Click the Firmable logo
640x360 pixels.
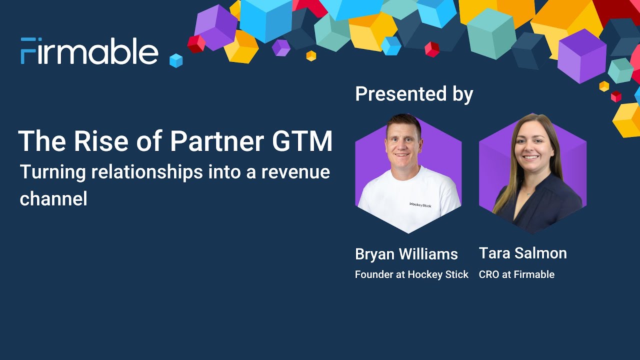pyautogui.click(x=89, y=51)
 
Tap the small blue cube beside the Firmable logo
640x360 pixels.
pyautogui.click(x=176, y=60)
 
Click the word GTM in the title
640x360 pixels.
pyautogui.click(x=302, y=141)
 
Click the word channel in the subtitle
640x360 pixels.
pyautogui.click(x=53, y=199)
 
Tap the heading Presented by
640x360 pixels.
pyautogui.click(x=414, y=94)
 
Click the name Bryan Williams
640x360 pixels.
pyautogui.click(x=406, y=254)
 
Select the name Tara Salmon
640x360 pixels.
pyautogui.click(x=522, y=253)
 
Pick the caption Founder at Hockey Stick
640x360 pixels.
pyautogui.click(x=411, y=274)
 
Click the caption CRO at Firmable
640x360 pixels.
pyautogui.click(x=516, y=274)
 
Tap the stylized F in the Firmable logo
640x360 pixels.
pyautogui.click(x=28, y=51)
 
